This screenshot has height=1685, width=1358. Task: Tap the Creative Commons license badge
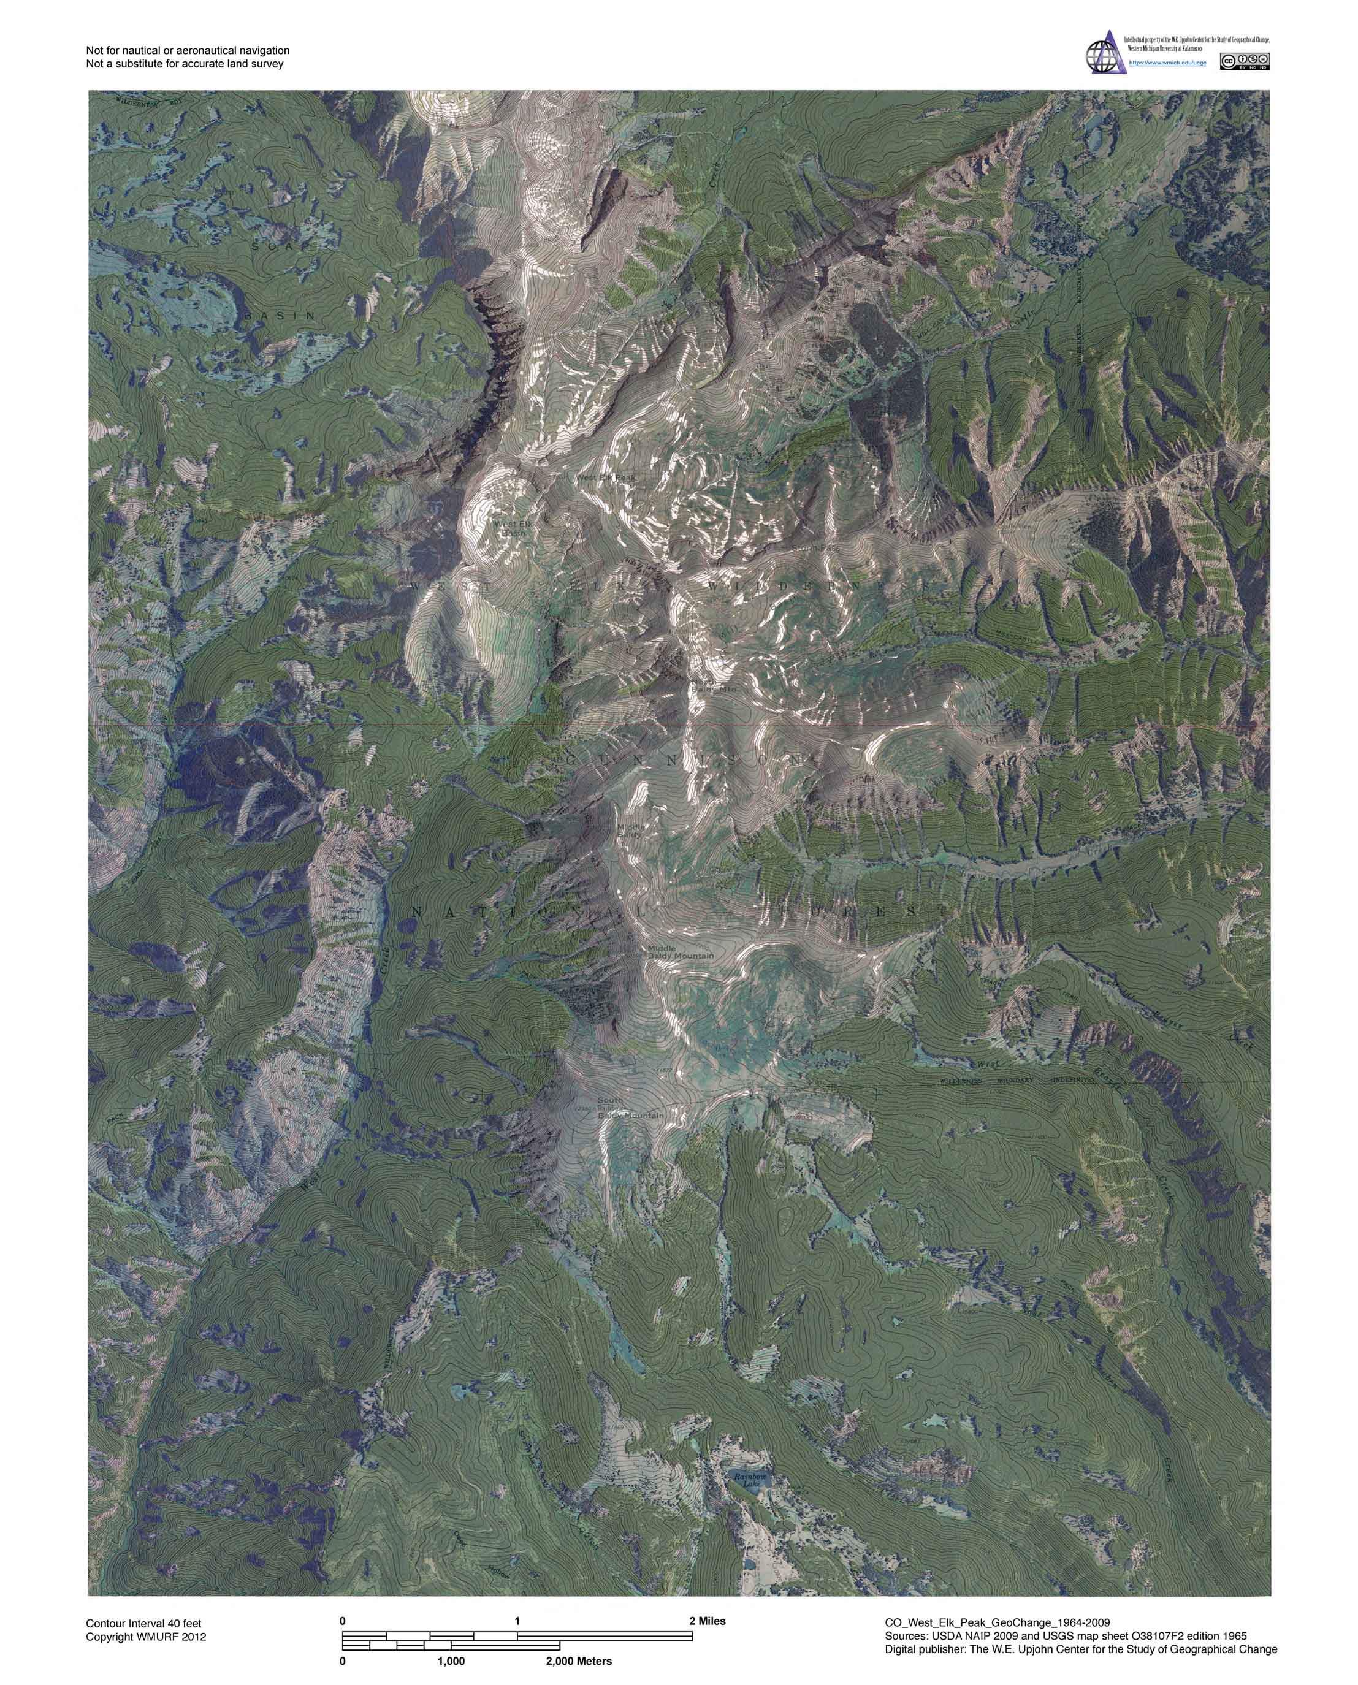point(1245,62)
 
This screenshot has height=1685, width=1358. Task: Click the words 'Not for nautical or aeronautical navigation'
point(188,50)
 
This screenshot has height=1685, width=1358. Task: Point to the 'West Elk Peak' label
point(606,477)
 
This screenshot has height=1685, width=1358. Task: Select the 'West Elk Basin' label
point(513,528)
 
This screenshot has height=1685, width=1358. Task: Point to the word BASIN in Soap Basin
point(280,316)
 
